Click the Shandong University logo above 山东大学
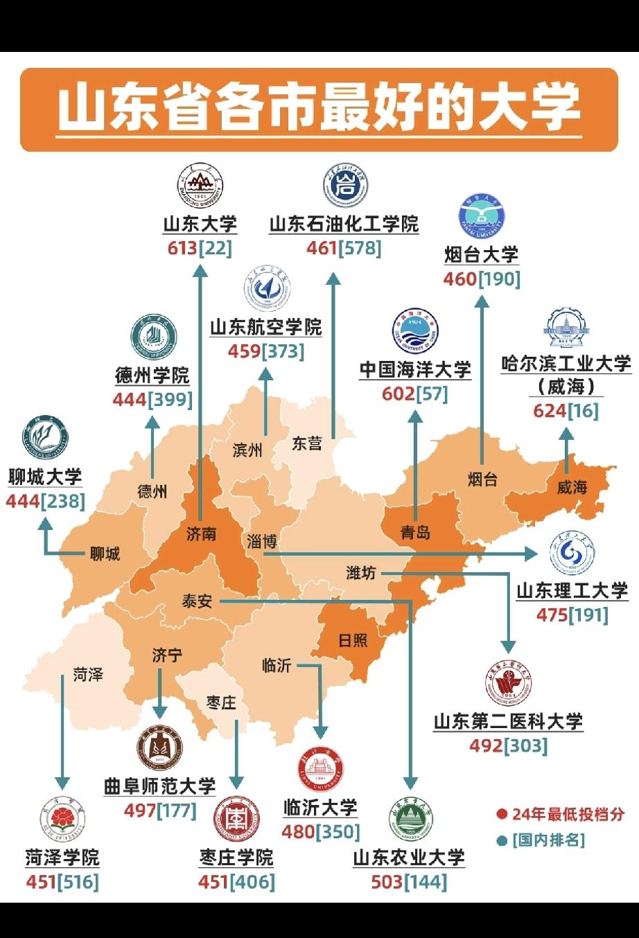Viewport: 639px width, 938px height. click(200, 186)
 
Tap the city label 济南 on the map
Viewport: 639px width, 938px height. click(201, 533)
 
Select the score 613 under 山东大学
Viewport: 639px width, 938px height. click(182, 247)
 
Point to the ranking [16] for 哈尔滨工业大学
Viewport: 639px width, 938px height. click(583, 410)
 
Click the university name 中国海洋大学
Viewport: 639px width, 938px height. click(415, 369)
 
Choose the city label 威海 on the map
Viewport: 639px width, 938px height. click(572, 487)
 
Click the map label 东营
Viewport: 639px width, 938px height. click(306, 443)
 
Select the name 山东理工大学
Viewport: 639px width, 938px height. click(572, 591)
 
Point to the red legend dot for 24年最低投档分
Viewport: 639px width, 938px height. click(502, 814)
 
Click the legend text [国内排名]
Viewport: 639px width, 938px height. click(549, 840)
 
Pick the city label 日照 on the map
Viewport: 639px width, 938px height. click(353, 640)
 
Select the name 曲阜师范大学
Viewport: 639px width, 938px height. click(160, 786)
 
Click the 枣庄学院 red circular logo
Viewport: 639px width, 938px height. click(236, 819)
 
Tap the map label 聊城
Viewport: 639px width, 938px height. click(105, 554)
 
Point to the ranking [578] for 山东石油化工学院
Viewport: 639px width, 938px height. click(360, 247)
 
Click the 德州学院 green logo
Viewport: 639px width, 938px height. click(153, 339)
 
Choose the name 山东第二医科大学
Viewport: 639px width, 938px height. click(509, 721)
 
